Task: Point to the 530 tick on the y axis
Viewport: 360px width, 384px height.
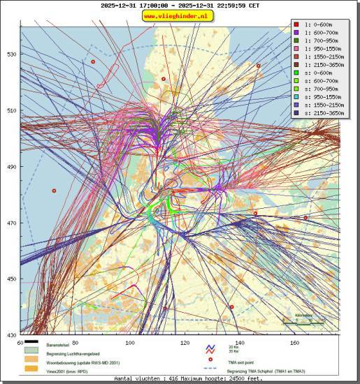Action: pyautogui.click(x=11, y=54)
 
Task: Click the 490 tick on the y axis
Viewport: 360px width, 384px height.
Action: pyautogui.click(x=11, y=167)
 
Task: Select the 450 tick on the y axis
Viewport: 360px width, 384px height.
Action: pyautogui.click(x=11, y=279)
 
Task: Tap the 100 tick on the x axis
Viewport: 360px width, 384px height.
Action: pyautogui.click(x=129, y=343)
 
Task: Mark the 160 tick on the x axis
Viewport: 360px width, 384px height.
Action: pyautogui.click(x=294, y=343)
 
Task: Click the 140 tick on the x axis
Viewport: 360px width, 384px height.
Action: pyautogui.click(x=240, y=343)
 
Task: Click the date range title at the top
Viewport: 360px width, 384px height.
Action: pyautogui.click(x=179, y=5)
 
